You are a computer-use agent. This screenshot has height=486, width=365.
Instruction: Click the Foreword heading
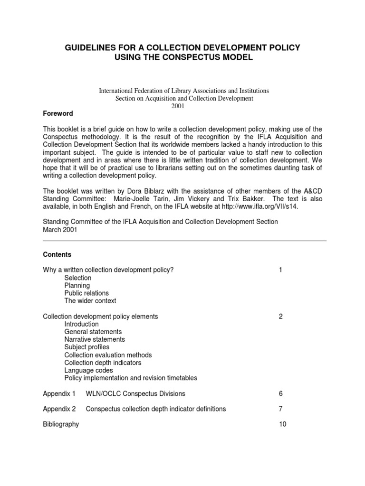click(58, 113)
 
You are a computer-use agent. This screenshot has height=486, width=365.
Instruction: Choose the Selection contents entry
click(77, 278)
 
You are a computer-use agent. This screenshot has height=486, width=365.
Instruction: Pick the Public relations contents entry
click(86, 293)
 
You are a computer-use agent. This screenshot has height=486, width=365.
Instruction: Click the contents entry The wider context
click(90, 300)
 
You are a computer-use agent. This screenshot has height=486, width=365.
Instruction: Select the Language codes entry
click(88, 370)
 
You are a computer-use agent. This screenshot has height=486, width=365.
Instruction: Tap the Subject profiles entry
click(87, 347)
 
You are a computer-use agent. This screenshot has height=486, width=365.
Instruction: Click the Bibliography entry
click(61, 424)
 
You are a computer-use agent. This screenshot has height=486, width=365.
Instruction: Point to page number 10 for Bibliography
click(282, 424)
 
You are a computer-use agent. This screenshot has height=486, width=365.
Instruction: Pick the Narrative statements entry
click(95, 339)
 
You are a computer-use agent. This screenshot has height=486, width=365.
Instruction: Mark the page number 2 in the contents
click(281, 316)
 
